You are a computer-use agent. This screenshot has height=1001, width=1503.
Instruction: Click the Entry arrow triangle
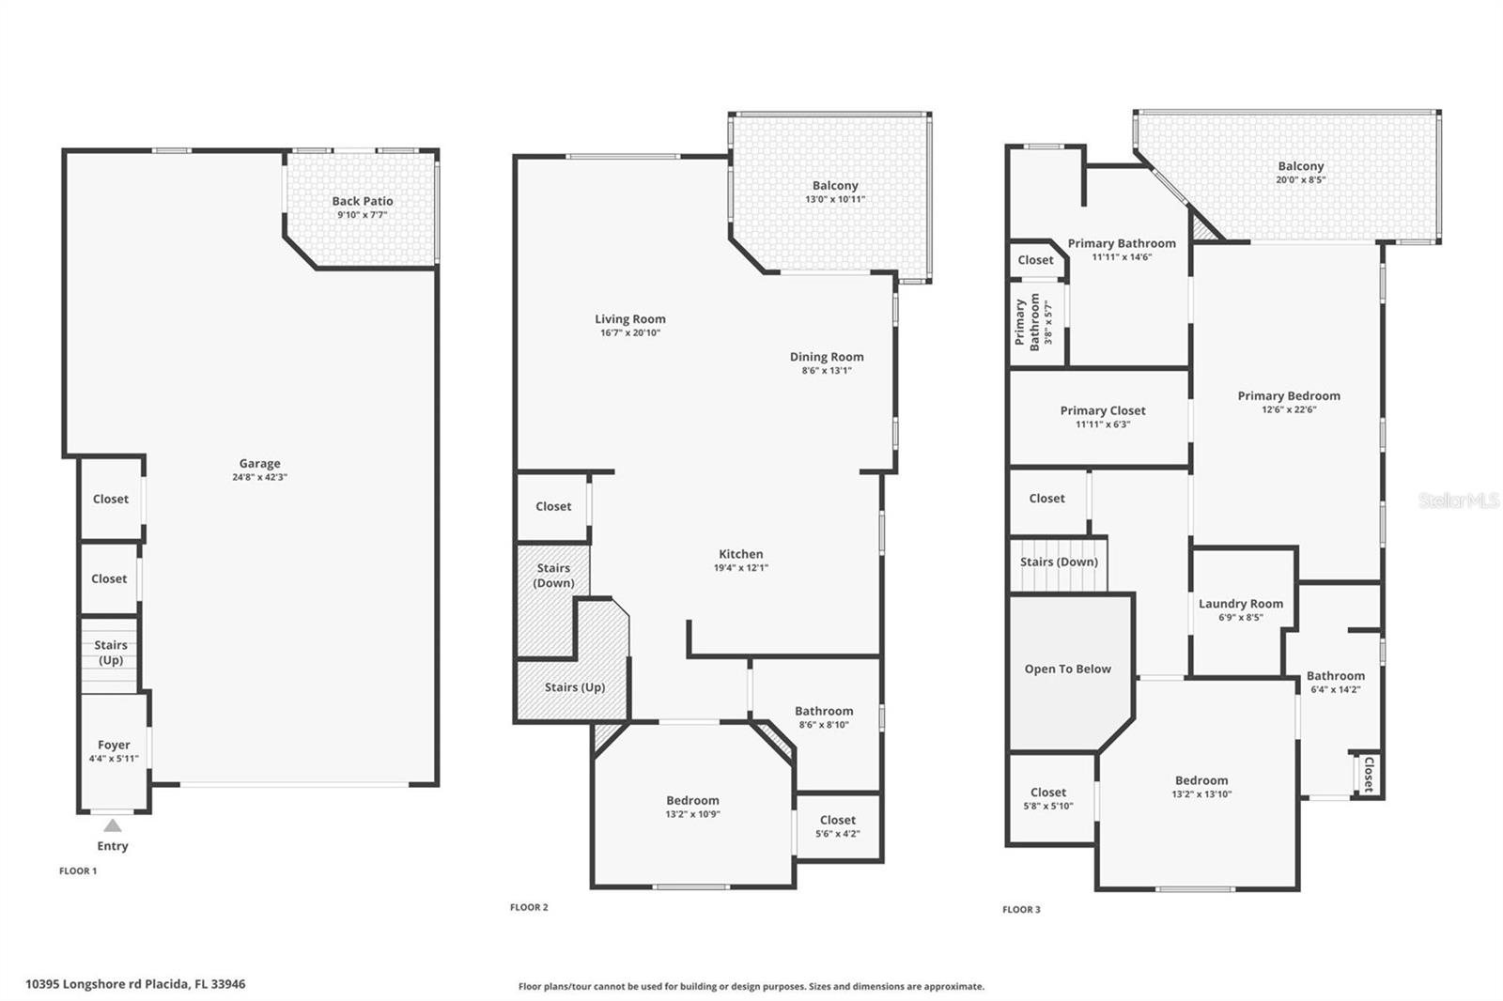point(113,825)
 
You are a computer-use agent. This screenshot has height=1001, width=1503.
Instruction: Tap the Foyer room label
point(114,745)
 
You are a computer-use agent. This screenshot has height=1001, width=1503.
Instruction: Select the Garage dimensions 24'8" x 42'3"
point(259,477)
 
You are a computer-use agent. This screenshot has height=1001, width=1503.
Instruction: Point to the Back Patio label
point(363,201)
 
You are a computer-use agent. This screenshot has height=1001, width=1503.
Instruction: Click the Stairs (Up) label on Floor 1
point(111,653)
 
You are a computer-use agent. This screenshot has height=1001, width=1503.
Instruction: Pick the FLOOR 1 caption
point(78,871)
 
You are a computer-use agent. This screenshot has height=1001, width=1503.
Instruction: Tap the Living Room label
point(630,319)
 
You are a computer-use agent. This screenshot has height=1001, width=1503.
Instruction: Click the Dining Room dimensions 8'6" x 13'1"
point(827,371)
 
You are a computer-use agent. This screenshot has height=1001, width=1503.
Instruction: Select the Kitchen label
point(741,554)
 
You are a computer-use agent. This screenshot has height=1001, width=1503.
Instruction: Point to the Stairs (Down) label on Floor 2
point(553,575)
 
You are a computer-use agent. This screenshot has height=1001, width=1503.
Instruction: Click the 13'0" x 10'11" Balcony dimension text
point(835,199)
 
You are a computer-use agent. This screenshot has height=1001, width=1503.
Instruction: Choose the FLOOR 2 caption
point(529,908)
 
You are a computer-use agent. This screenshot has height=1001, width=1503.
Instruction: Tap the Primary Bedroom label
point(1289,395)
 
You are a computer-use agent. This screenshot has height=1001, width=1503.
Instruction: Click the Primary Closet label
point(1103,410)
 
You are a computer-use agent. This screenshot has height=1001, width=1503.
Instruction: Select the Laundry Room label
point(1241,604)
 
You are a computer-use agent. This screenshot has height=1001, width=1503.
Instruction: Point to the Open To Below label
point(1068,669)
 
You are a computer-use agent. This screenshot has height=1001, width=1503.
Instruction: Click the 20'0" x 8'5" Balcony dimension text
point(1301,179)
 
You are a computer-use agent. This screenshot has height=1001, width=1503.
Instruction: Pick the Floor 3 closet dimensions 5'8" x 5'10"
point(1048,807)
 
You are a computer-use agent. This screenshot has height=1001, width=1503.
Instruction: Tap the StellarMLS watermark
point(1459,500)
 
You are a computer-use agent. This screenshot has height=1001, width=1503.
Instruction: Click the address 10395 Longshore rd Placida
point(135,984)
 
